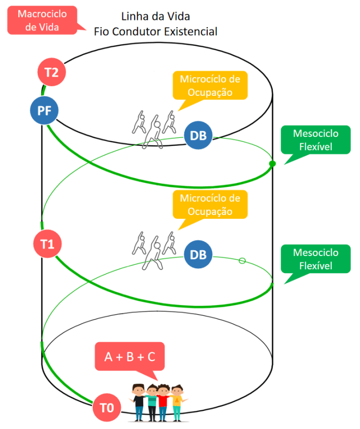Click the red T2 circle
pos(52,72)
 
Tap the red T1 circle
pos(47,244)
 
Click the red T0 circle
pos(107,408)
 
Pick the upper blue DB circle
pos(198,136)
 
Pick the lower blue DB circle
pos(198,254)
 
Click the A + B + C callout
pos(130,357)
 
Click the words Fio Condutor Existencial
pos(156,31)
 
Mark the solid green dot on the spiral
pos(272,163)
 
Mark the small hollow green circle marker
pos(242,260)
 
